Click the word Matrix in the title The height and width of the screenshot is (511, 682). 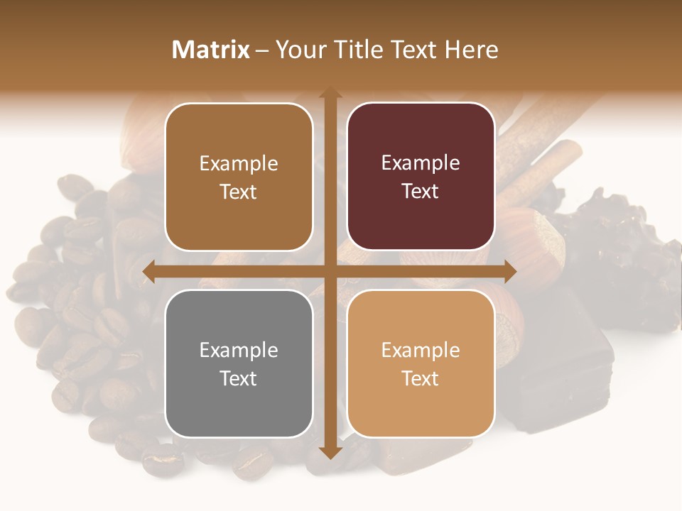pos(211,50)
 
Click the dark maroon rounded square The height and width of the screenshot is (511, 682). pos(421,176)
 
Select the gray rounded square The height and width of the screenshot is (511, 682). pos(239,363)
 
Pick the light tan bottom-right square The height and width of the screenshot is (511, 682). pos(421,363)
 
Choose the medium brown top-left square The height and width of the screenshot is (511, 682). pos(239,176)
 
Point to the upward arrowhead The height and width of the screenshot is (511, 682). pos(330,94)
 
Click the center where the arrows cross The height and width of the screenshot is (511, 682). pos(330,271)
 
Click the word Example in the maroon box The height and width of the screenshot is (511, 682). pos(421,163)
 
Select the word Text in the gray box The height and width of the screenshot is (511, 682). pos(239,378)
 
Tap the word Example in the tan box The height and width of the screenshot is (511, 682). pos(421,350)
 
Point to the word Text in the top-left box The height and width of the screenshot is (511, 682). pos(239,192)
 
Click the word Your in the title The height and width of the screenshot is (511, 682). pos(297,50)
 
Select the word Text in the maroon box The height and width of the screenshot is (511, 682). pos(421,191)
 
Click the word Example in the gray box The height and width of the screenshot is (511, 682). pos(239,350)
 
